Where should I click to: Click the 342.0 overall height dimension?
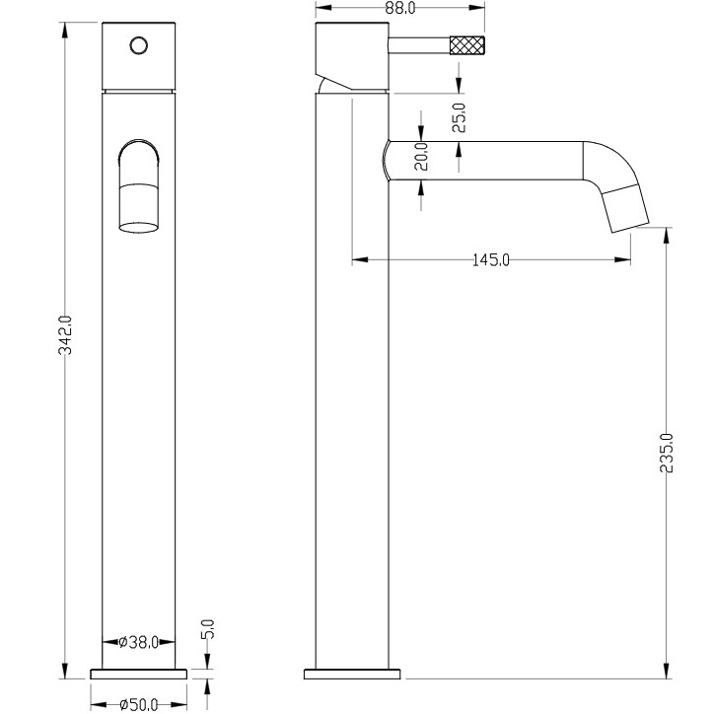pos(65,335)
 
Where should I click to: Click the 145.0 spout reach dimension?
pos(491,260)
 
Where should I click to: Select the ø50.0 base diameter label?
pos(139,704)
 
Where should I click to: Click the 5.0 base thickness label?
pos(208,629)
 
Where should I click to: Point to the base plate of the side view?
pos(352,673)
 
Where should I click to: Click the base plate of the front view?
pos(139,673)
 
